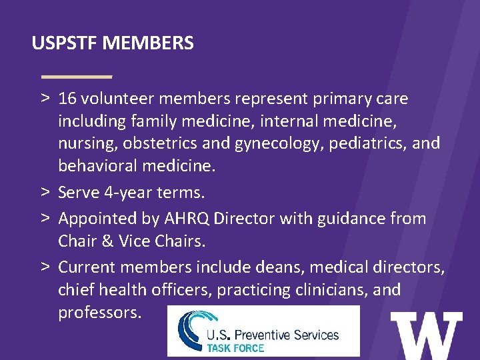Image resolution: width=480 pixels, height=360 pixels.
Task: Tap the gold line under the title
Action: pyautogui.click(x=77, y=76)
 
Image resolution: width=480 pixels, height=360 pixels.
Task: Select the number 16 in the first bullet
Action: pyautogui.click(x=67, y=99)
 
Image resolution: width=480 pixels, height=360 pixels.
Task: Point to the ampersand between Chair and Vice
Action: pyautogui.click(x=107, y=240)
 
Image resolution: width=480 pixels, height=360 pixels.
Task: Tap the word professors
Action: pyautogui.click(x=99, y=312)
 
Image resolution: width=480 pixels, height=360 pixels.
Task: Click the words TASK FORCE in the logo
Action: pyautogui.click(x=235, y=347)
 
